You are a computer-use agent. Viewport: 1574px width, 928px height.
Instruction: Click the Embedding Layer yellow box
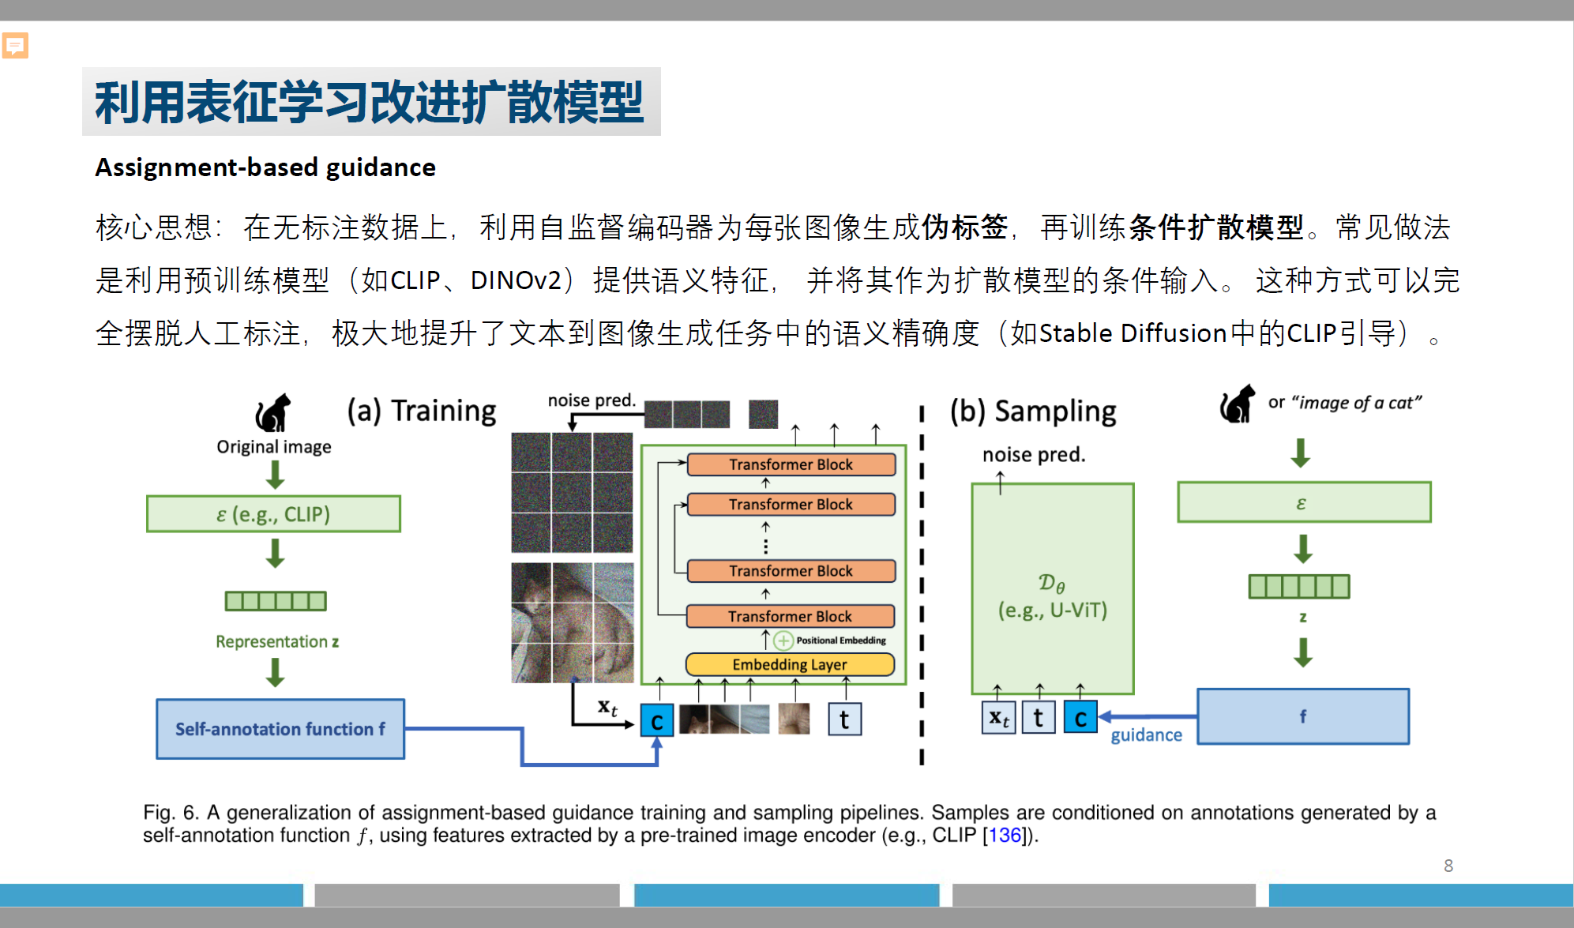point(789,664)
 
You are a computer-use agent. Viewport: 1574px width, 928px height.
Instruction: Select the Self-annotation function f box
point(280,728)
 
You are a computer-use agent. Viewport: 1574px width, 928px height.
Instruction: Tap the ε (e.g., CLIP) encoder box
point(273,514)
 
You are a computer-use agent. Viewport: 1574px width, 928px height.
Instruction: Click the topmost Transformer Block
point(791,464)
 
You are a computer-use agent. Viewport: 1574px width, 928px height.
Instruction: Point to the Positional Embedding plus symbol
point(783,641)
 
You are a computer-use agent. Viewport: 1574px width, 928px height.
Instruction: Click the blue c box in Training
point(656,720)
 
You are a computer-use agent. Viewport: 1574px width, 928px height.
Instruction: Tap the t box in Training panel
point(844,719)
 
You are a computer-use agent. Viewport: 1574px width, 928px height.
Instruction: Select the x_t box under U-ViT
point(998,718)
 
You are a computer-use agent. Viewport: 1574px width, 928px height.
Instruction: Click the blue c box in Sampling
point(1080,718)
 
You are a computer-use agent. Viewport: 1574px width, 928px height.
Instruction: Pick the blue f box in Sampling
point(1302,716)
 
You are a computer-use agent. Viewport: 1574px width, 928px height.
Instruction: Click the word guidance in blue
point(1146,735)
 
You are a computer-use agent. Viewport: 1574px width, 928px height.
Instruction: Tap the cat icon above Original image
point(273,412)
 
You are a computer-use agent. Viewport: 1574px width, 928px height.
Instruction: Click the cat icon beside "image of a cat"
point(1238,404)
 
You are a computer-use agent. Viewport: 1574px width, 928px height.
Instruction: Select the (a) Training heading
point(422,411)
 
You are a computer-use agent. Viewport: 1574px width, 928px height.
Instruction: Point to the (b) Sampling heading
point(1033,411)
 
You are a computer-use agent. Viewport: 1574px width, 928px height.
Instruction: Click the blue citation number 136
point(1005,835)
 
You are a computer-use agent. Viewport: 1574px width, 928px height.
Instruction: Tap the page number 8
point(1448,866)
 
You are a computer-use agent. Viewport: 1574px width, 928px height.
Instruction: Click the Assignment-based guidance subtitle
point(265,167)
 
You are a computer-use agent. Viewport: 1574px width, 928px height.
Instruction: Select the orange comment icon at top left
point(15,46)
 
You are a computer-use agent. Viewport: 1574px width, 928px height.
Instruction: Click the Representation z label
point(277,641)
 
